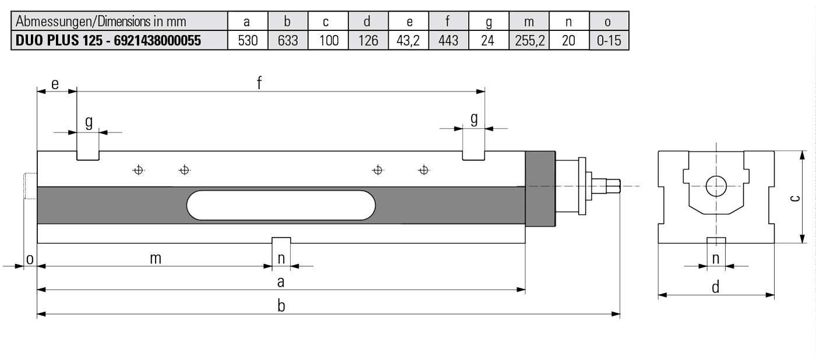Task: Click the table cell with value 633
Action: pyautogui.click(x=287, y=40)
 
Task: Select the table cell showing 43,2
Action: pyautogui.click(x=408, y=40)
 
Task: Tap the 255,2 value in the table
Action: pyautogui.click(x=529, y=40)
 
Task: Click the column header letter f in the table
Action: pyautogui.click(x=448, y=22)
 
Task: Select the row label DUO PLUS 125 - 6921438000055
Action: pyautogui.click(x=109, y=40)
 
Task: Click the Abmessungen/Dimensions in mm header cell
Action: pyautogui.click(x=101, y=22)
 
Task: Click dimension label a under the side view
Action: pyautogui.click(x=281, y=283)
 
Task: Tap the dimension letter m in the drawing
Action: pyautogui.click(x=155, y=259)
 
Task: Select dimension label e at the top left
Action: pyautogui.click(x=55, y=84)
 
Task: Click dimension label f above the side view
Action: pyautogui.click(x=259, y=83)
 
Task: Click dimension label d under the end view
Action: pyautogui.click(x=716, y=287)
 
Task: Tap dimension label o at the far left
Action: pyautogui.click(x=29, y=259)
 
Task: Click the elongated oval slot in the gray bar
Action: pyautogui.click(x=281, y=205)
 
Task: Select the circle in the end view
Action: pyautogui.click(x=716, y=186)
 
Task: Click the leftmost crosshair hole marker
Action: pyautogui.click(x=138, y=170)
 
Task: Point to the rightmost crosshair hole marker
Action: pyautogui.click(x=424, y=170)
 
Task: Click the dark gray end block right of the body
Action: pyautogui.click(x=540, y=189)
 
